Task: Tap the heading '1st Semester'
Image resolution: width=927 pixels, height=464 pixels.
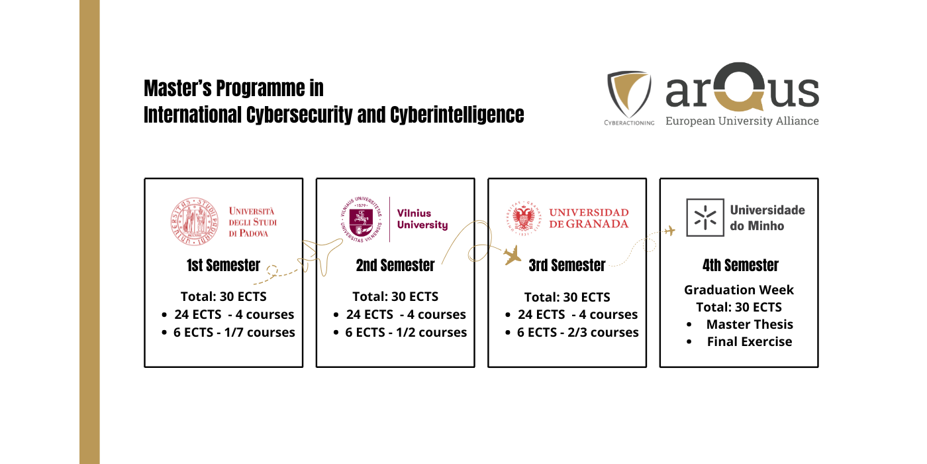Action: pos(223,266)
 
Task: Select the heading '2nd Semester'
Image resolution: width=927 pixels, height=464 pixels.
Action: pos(395,266)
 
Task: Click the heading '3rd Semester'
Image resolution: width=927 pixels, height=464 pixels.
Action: pos(567,266)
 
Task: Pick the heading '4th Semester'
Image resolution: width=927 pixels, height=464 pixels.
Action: pos(740,266)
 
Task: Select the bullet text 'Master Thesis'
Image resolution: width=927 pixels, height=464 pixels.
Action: pos(750,325)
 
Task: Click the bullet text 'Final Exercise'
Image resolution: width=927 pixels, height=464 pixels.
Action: pos(749,342)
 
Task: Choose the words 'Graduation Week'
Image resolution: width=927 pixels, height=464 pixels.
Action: pos(738,290)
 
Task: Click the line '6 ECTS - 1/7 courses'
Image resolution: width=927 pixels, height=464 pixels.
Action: pos(234,333)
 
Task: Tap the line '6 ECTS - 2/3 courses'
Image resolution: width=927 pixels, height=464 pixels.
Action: pos(577,333)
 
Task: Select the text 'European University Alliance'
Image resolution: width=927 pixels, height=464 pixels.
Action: pos(742,121)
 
